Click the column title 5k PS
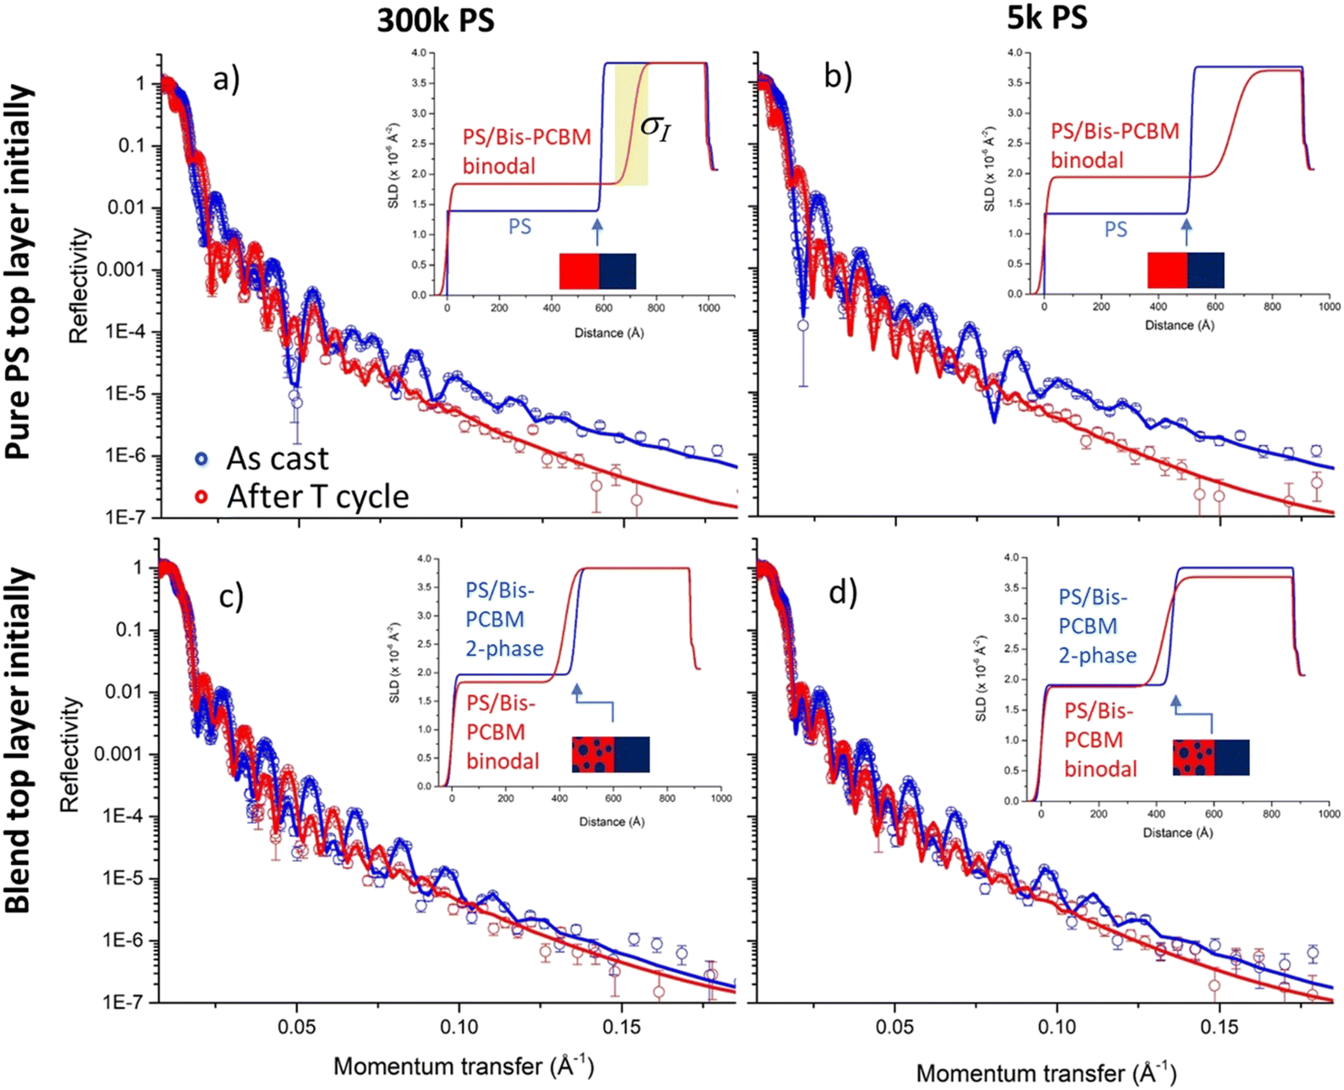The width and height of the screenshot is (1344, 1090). pos(1047,17)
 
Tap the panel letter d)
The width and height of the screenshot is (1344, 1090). pos(843,592)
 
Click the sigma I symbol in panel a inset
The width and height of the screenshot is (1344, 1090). pos(655,127)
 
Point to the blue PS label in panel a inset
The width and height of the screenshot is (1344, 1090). pos(520,227)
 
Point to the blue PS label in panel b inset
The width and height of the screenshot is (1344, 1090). pos(1116,229)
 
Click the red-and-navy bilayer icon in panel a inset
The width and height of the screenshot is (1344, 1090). pos(598,271)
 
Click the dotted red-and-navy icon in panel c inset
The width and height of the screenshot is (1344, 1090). pos(611,754)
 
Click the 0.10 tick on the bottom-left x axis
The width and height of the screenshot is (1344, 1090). pos(459,1027)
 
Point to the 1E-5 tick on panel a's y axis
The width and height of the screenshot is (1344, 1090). pos(122,394)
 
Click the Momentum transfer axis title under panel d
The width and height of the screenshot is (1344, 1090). pos(1046,1072)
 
